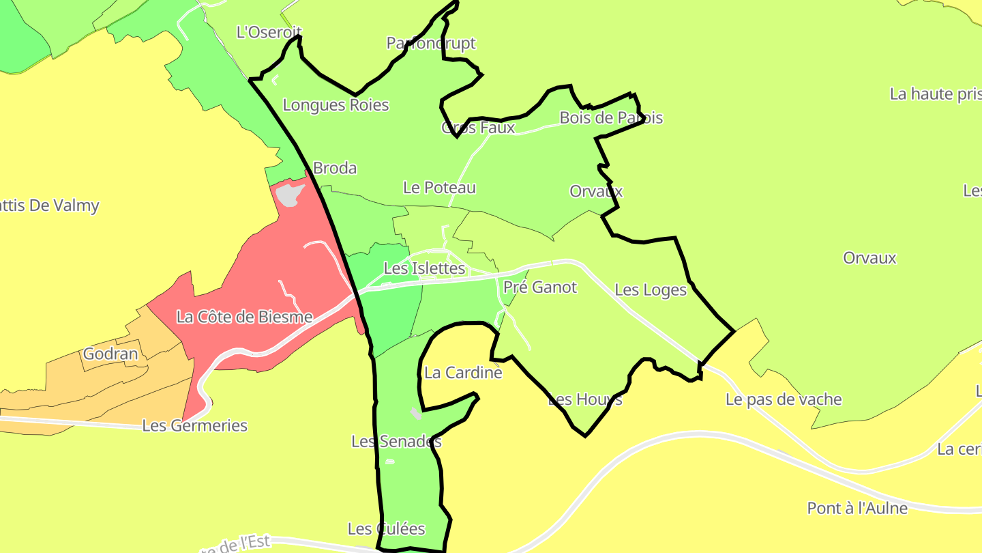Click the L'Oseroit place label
269,32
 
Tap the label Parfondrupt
431,44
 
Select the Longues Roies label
336,105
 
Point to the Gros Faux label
478,128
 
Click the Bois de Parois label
611,118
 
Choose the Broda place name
334,168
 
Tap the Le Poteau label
439,188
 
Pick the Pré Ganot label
540,287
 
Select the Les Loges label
651,290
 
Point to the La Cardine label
463,373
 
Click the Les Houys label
585,399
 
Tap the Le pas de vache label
784,399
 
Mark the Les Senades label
396,442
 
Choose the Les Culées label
386,529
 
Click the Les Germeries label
194,426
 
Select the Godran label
110,354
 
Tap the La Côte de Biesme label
244,317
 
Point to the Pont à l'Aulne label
857,509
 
